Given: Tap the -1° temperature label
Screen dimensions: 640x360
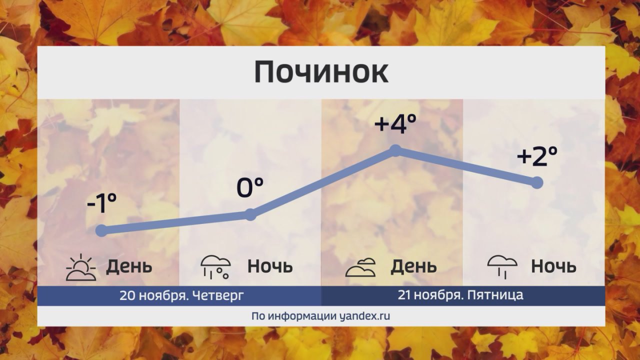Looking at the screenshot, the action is (x=101, y=203).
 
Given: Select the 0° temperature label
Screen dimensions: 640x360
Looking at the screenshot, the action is (x=249, y=187).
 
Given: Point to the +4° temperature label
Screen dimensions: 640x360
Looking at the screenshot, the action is (x=395, y=123).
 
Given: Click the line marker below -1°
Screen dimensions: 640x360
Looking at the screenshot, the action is (x=101, y=230).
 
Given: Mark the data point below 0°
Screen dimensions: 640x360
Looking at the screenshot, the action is (x=250, y=214).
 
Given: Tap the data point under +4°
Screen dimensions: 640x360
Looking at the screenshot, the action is (x=395, y=150).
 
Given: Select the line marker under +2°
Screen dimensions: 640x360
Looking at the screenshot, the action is (x=537, y=182).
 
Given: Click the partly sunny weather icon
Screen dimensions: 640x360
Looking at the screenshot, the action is (x=81, y=267).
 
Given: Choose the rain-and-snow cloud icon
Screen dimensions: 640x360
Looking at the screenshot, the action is (x=215, y=267).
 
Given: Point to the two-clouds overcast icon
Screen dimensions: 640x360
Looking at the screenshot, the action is (x=360, y=267).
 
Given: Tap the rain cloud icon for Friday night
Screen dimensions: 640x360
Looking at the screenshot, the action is (x=502, y=267).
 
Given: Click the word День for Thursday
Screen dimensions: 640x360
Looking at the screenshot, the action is (x=129, y=266).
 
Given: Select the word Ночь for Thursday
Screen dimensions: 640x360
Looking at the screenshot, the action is (x=270, y=266).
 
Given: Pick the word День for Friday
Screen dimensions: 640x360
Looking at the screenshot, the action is (x=413, y=266).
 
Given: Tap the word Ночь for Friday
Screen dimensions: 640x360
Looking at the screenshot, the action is (x=553, y=266).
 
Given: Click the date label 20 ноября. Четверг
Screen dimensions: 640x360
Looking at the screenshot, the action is (x=181, y=295).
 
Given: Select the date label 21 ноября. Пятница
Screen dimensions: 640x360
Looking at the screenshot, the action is (x=460, y=295).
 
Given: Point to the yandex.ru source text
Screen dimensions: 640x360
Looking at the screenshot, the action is (x=365, y=316).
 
